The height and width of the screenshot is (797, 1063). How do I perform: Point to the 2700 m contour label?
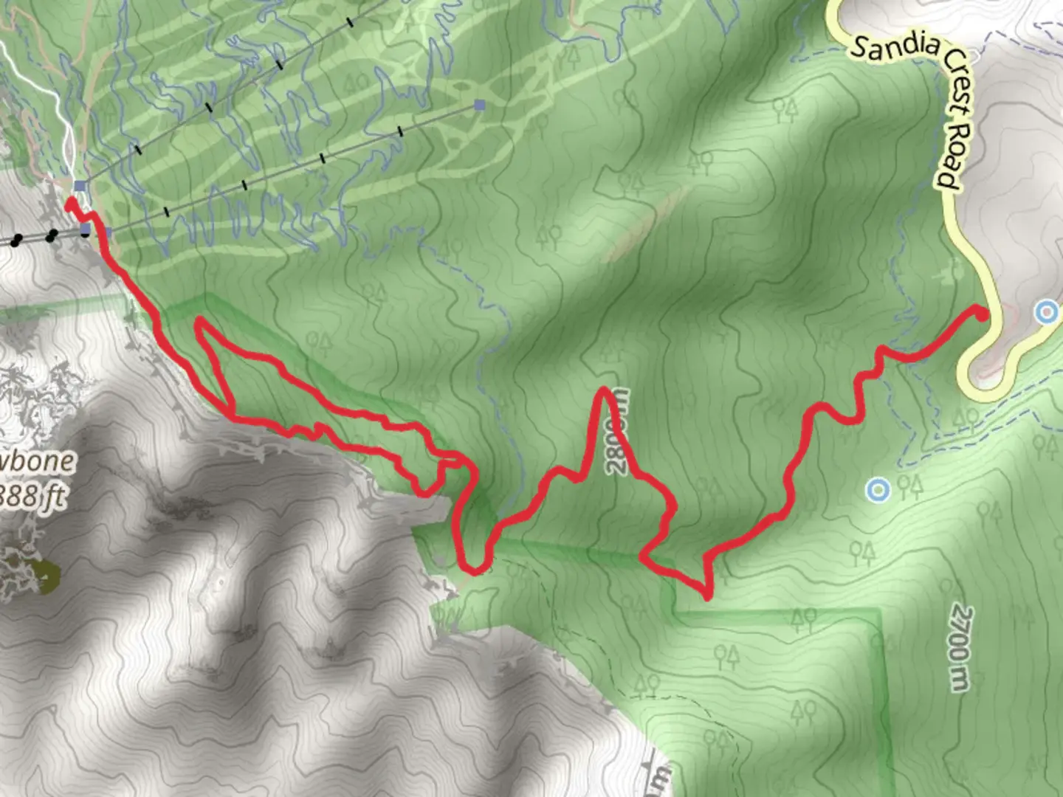pos(959,649)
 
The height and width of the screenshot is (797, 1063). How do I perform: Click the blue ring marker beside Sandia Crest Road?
pos(1046,312)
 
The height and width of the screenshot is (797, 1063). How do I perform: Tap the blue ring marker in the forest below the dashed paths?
pos(877,489)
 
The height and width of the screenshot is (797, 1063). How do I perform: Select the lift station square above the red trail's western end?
pos(80,185)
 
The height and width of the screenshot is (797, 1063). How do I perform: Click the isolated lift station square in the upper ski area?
pos(481,104)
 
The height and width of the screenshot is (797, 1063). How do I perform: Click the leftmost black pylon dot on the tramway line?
pos(15,241)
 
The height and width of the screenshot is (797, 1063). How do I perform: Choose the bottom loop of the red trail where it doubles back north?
pos(472,568)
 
